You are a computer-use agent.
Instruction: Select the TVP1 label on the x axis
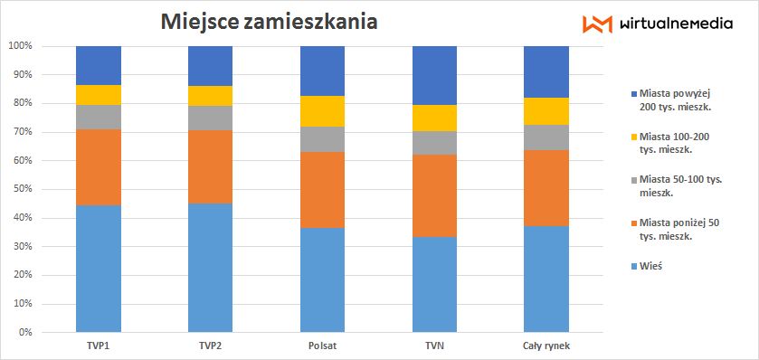coord(98,346)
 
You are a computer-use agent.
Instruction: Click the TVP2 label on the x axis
coord(210,346)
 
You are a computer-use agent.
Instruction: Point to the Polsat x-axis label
coord(322,346)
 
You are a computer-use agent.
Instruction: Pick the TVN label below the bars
coord(434,346)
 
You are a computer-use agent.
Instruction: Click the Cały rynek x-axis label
coord(546,346)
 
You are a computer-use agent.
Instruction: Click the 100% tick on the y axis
coord(20,45)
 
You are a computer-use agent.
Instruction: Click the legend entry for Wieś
coord(650,267)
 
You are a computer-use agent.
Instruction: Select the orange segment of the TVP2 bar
coord(210,166)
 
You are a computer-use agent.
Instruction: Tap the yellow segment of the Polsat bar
coord(322,111)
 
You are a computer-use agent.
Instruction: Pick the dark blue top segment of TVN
coord(434,75)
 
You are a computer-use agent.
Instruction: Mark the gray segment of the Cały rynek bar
coord(546,137)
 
